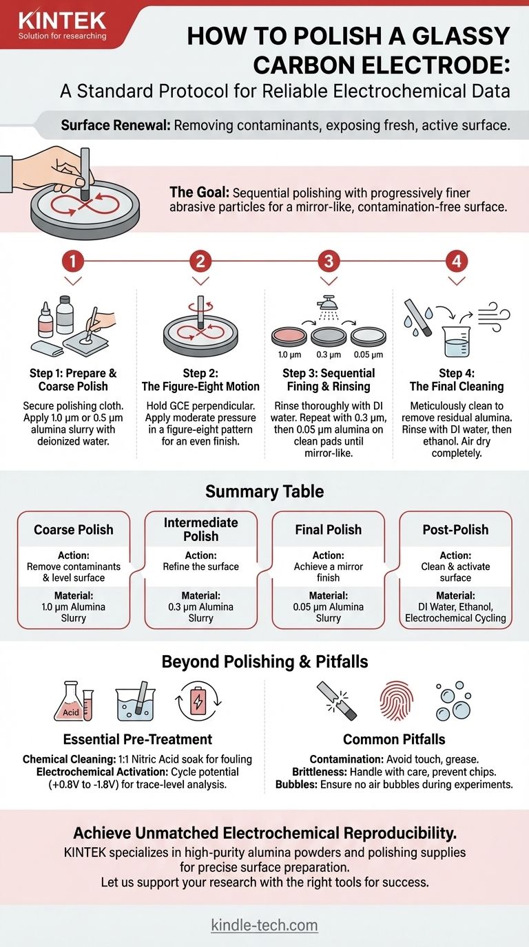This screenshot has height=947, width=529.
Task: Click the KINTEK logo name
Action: click(62, 20)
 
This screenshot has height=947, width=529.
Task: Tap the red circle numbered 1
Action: click(73, 261)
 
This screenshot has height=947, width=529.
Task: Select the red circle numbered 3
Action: click(329, 261)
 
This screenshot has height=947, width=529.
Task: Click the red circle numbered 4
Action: click(457, 261)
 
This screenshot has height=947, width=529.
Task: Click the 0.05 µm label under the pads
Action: click(369, 354)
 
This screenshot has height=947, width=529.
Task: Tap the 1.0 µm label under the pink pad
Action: click(289, 354)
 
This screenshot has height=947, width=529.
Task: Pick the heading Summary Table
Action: click(264, 491)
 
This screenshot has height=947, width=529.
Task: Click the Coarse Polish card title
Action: click(74, 530)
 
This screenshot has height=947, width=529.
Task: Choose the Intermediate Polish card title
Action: click(201, 529)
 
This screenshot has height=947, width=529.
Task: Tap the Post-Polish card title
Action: click(455, 530)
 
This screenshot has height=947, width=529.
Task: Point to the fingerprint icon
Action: click(397, 701)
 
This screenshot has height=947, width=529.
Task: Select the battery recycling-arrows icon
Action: click(198, 701)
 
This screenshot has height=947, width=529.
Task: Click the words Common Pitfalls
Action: click(394, 739)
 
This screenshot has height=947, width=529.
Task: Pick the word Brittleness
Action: click(320, 772)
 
